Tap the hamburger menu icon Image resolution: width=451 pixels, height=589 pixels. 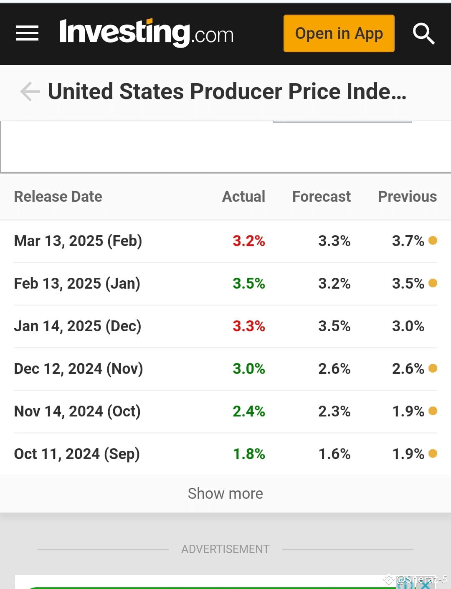click(x=27, y=33)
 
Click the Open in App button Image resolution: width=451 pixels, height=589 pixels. click(x=339, y=33)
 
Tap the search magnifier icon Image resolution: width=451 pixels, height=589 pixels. click(x=423, y=33)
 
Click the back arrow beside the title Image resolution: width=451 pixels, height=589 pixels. click(x=30, y=91)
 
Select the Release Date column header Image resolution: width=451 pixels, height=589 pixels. click(x=58, y=196)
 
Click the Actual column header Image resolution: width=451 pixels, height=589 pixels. click(x=243, y=196)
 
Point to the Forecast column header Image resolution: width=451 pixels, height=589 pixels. click(x=322, y=196)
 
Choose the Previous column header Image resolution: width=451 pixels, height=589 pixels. click(x=408, y=196)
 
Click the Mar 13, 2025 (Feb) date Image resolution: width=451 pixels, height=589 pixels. click(x=78, y=241)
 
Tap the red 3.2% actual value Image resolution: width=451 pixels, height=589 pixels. click(x=248, y=241)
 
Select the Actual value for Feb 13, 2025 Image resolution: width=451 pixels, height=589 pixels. click(x=248, y=283)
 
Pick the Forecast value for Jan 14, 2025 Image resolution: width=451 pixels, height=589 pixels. click(x=334, y=326)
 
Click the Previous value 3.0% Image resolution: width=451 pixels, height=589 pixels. click(x=408, y=326)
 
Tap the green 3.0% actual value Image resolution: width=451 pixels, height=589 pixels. click(x=248, y=368)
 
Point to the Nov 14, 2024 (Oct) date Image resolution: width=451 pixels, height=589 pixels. click(x=77, y=411)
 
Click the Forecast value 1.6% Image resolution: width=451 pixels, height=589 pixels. click(x=334, y=454)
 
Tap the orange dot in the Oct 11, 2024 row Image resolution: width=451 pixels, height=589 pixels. click(x=433, y=453)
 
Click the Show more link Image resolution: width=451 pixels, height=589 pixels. click(x=225, y=493)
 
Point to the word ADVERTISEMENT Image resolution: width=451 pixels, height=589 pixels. click(x=225, y=549)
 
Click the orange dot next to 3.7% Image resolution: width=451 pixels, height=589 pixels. click(x=433, y=240)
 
